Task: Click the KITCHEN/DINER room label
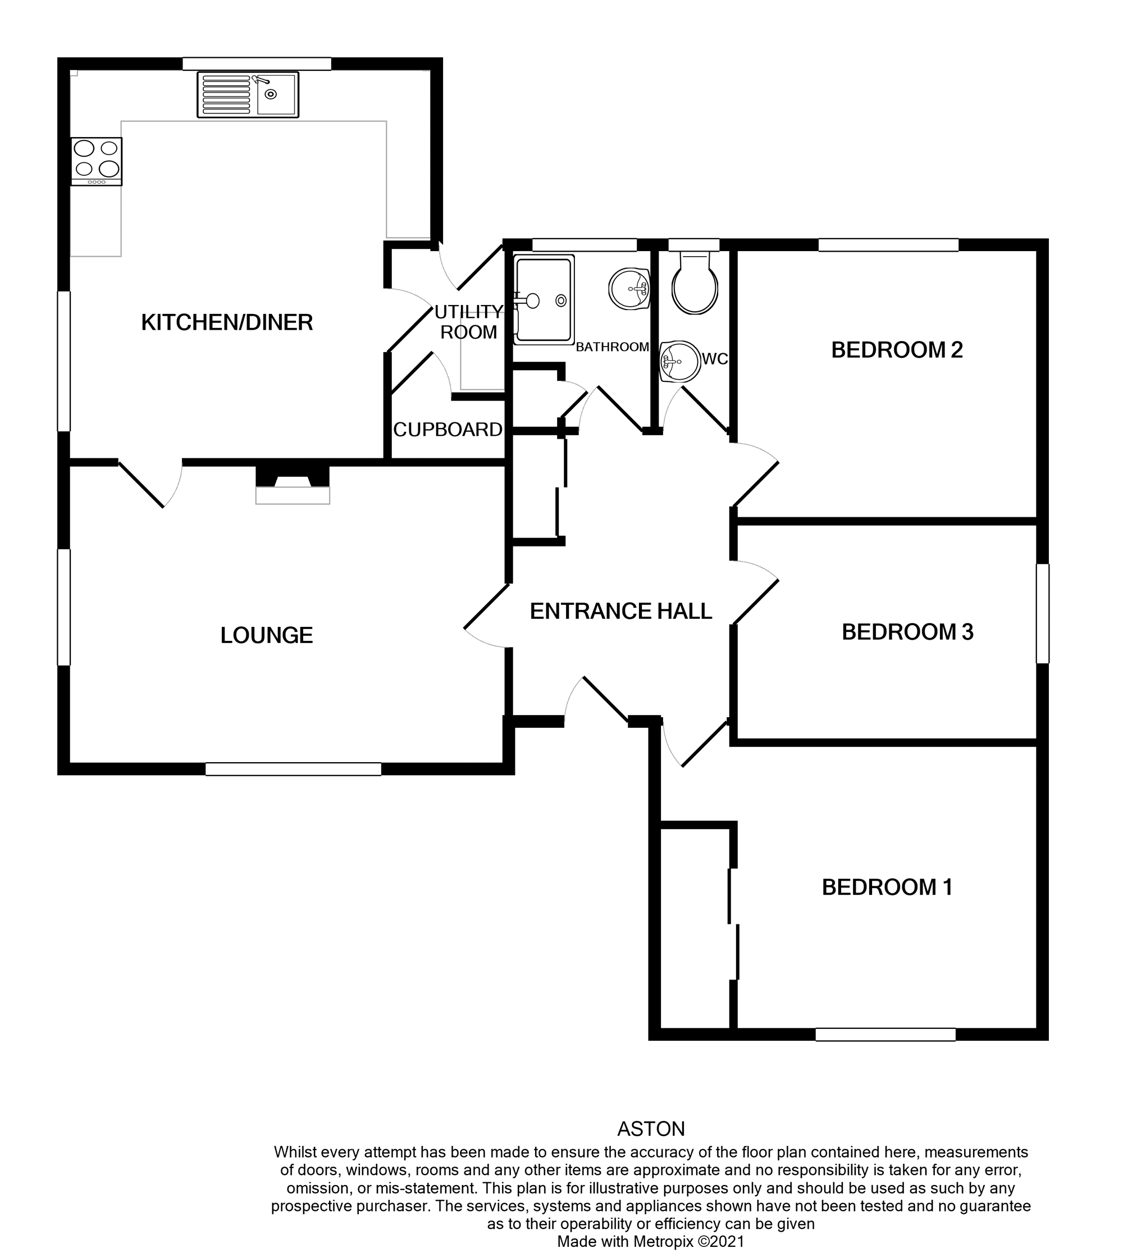pos(226,323)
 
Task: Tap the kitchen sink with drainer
pos(248,94)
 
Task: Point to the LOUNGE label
pos(267,636)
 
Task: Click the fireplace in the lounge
pos(293,485)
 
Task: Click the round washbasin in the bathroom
pos(629,289)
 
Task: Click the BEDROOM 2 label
pos(897,350)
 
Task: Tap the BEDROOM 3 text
pos(907,632)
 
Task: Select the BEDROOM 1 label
pos(887,887)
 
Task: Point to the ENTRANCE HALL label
pos(620,612)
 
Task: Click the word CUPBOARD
pos(448,430)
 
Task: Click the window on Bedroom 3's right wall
pos(1042,614)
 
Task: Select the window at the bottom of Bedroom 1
pos(885,1034)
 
